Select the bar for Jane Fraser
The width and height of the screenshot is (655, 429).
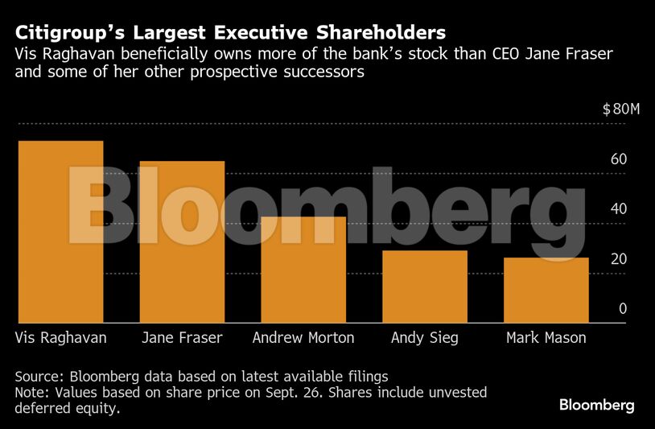(x=182, y=241)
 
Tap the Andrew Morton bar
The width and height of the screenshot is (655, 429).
(x=303, y=270)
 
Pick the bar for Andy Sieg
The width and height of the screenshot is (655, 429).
(x=425, y=287)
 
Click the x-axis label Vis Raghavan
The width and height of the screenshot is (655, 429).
(x=61, y=337)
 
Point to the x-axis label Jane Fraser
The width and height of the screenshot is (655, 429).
(x=182, y=337)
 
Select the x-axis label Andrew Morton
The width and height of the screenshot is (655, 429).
(x=303, y=337)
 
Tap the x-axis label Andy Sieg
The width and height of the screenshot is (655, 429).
(x=424, y=337)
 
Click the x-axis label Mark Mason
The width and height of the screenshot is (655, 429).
(x=546, y=337)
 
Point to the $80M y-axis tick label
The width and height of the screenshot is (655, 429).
(x=620, y=109)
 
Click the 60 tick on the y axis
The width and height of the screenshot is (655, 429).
(x=618, y=159)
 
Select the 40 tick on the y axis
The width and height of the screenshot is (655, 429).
(x=618, y=209)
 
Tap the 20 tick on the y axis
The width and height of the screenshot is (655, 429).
(x=618, y=259)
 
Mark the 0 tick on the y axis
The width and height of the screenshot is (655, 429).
(x=622, y=309)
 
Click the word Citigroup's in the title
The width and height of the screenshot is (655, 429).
(x=69, y=33)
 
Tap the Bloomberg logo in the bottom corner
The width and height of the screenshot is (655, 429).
(x=596, y=404)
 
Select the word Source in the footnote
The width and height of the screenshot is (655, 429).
(x=38, y=376)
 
